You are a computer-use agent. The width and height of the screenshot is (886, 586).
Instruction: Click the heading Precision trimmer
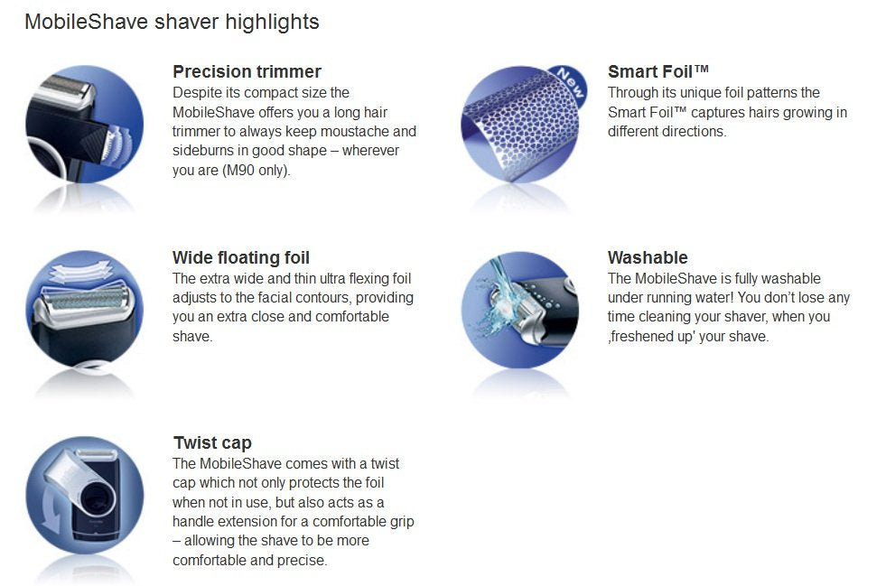click(247, 71)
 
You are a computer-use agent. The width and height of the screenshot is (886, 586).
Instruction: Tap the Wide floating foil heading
click(241, 258)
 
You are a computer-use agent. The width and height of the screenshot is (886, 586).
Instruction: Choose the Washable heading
click(648, 258)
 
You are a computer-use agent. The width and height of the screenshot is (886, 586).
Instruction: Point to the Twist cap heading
click(212, 443)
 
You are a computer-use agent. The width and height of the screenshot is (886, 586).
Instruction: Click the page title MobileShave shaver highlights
click(172, 22)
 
